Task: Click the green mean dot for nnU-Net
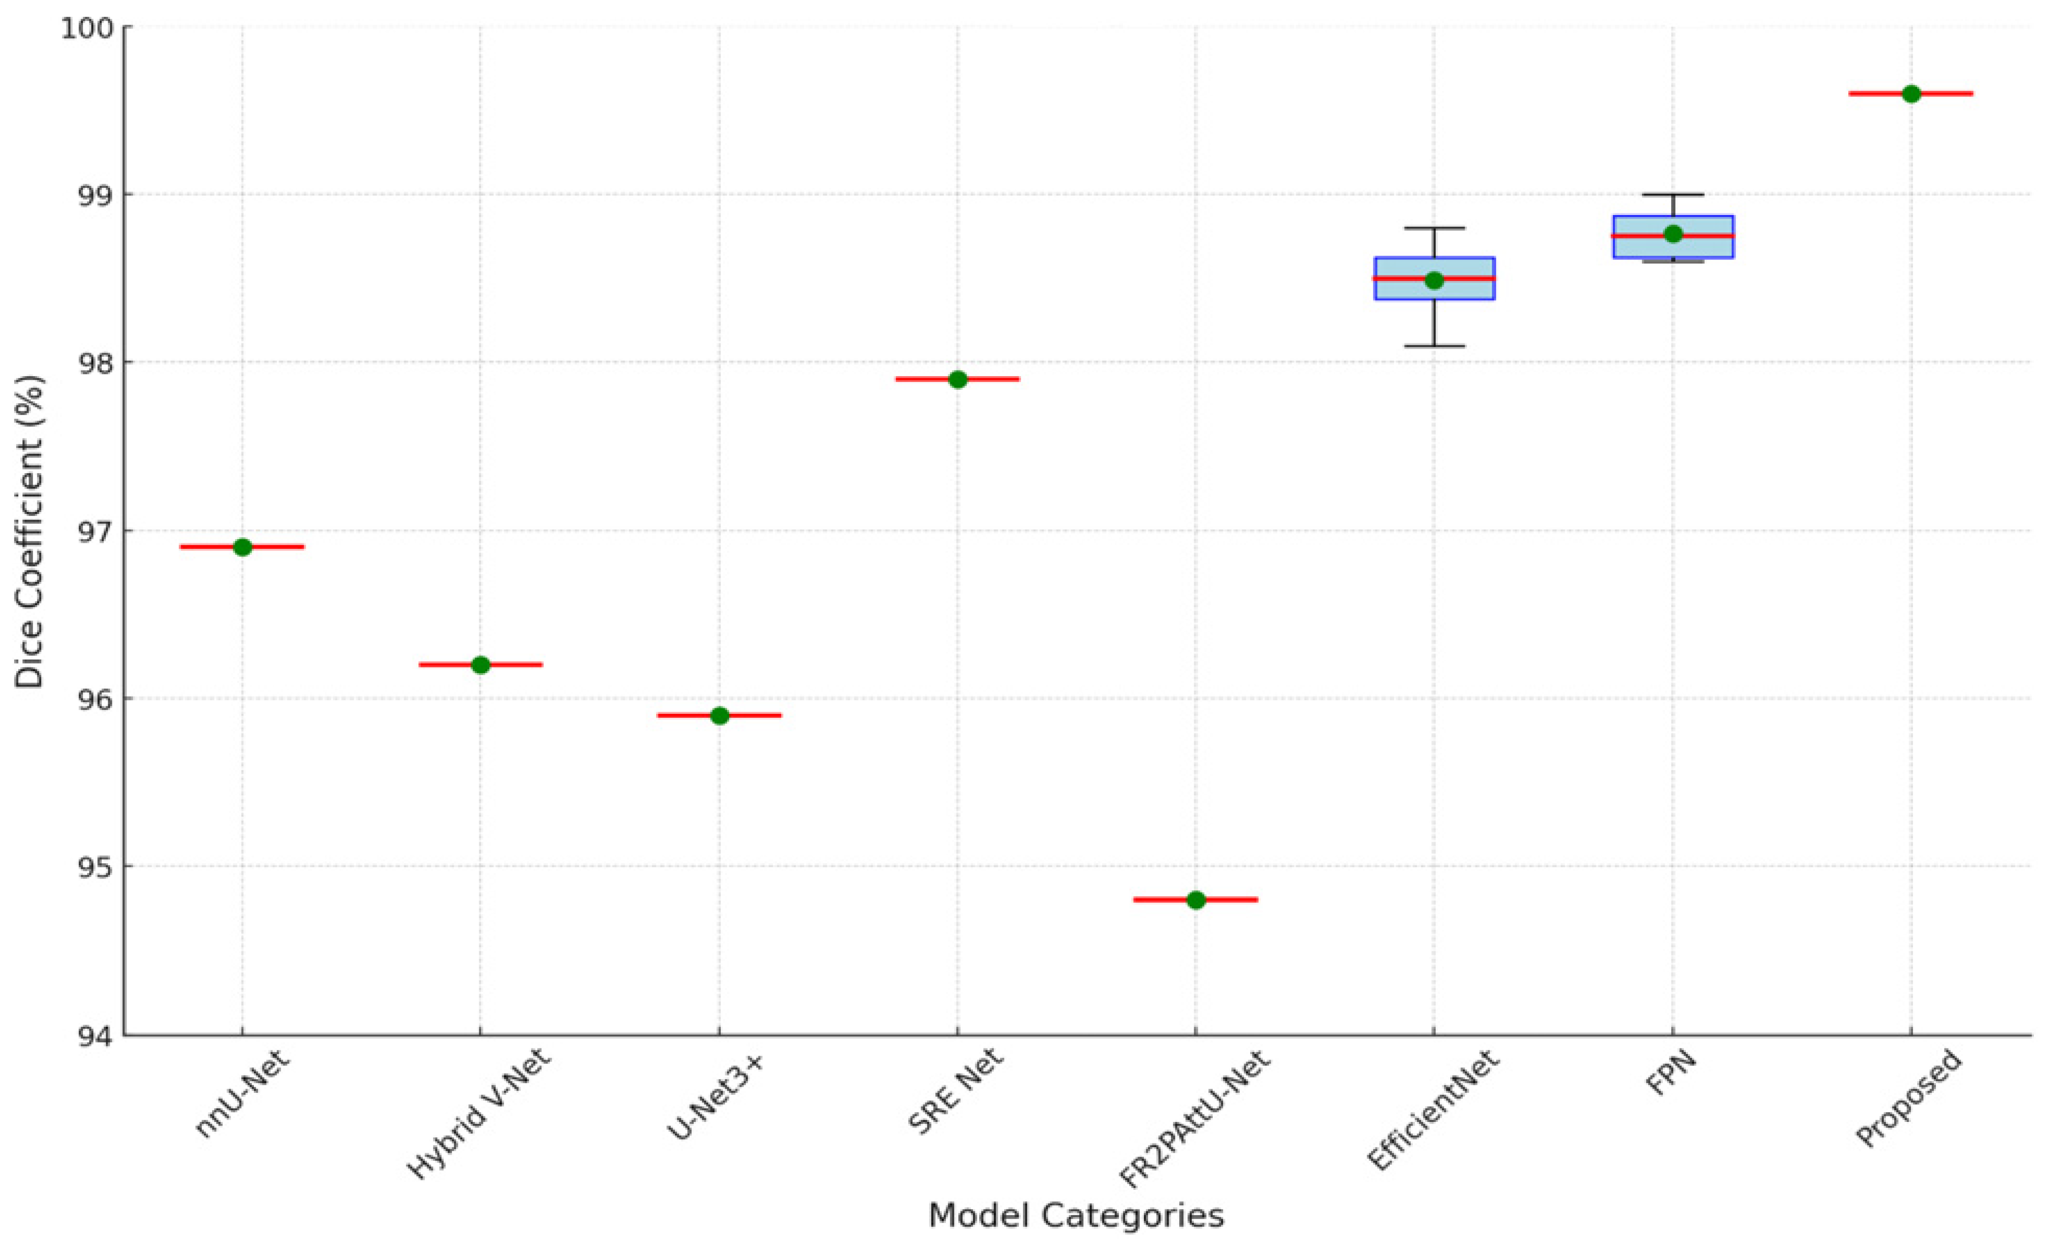(x=243, y=547)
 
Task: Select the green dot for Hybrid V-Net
(x=481, y=664)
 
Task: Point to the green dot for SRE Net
(x=957, y=379)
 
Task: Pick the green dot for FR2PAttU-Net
(x=1196, y=900)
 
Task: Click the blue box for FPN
(x=1673, y=247)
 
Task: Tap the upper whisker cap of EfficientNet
(x=1434, y=228)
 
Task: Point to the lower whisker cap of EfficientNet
(x=1434, y=345)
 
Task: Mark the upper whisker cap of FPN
(x=1673, y=194)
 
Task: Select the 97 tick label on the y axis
(x=98, y=531)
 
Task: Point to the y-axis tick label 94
(x=98, y=1035)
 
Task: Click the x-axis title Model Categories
(x=1076, y=1216)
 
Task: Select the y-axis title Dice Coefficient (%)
(x=30, y=531)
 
